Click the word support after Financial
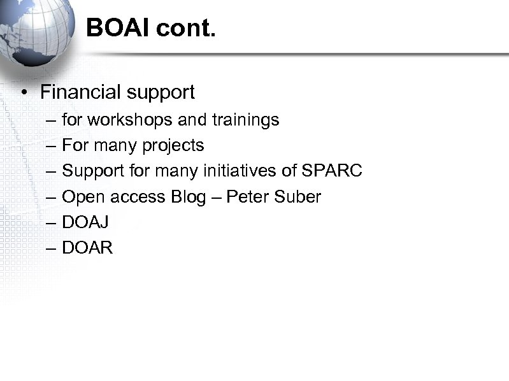161,93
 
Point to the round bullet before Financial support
23,93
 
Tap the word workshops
132,120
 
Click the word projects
173,146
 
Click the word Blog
189,197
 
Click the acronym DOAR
88,248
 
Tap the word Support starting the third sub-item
90,171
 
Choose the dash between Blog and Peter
217,197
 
